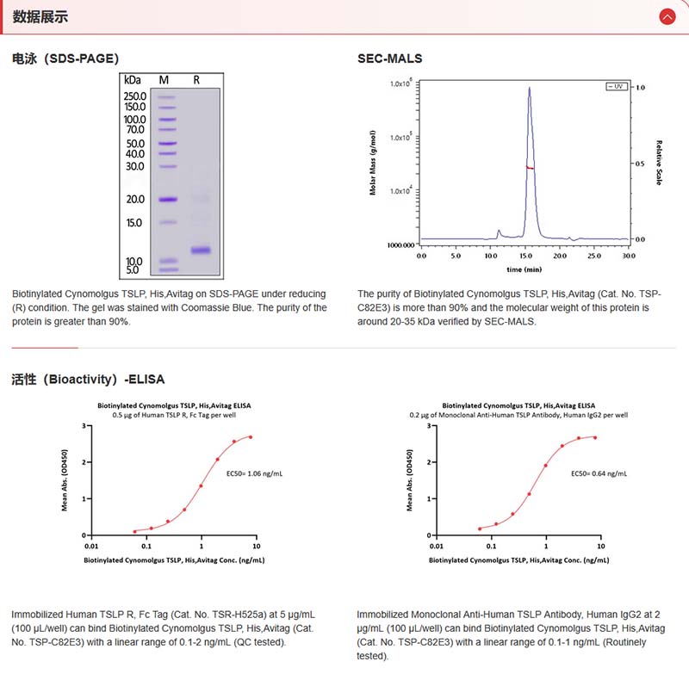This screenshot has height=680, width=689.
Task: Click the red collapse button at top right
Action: pos(667,16)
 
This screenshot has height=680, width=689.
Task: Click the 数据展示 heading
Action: pos(40,16)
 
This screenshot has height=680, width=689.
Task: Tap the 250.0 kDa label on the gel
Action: pos(134,96)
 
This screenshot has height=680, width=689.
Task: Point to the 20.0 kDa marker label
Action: pos(134,200)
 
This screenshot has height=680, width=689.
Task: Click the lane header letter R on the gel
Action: pos(196,79)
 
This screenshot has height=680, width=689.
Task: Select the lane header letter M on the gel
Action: pos(164,79)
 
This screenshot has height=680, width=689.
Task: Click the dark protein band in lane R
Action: pos(201,250)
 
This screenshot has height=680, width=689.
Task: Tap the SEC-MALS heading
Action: pos(390,59)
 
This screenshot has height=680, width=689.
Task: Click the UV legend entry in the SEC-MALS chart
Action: pos(617,87)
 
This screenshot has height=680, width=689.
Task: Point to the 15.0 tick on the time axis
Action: pos(525,256)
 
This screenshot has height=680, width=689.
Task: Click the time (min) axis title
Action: pos(525,269)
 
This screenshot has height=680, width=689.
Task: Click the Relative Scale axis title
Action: pos(659,164)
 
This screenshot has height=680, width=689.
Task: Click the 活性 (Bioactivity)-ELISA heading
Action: pos(88,379)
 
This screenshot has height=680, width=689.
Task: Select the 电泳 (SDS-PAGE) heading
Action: pos(65,59)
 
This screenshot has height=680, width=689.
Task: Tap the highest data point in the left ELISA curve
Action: pos(251,436)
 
